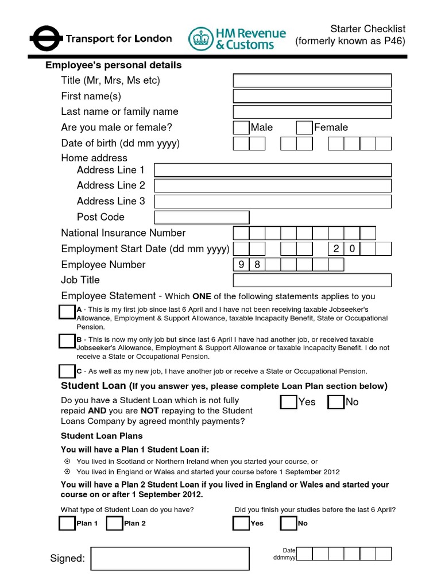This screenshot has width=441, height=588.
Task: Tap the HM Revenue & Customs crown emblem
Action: click(x=200, y=38)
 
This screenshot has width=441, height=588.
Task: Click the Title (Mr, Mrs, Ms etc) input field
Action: click(x=312, y=80)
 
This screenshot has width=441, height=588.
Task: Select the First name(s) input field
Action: click(x=312, y=96)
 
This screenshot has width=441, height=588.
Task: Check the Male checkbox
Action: click(x=241, y=127)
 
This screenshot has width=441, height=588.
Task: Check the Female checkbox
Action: click(x=304, y=127)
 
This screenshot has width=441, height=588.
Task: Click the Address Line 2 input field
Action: click(x=273, y=185)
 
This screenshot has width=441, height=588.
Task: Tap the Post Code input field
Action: click(x=202, y=217)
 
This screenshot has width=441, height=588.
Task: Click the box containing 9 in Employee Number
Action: click(x=241, y=265)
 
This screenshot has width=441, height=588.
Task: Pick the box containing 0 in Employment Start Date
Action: click(x=352, y=249)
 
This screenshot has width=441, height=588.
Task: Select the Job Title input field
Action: click(x=312, y=280)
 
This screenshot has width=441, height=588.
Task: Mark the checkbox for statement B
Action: click(x=67, y=341)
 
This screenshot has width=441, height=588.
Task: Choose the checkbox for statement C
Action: click(x=67, y=371)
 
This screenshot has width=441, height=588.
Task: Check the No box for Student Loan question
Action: click(x=335, y=402)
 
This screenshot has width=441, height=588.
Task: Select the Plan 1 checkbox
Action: click(x=67, y=523)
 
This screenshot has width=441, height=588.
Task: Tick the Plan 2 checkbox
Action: click(x=114, y=523)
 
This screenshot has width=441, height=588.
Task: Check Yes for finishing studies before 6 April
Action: click(x=241, y=523)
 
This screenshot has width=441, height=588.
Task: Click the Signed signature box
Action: click(x=171, y=559)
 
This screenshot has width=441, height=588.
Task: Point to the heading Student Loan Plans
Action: click(x=102, y=436)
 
